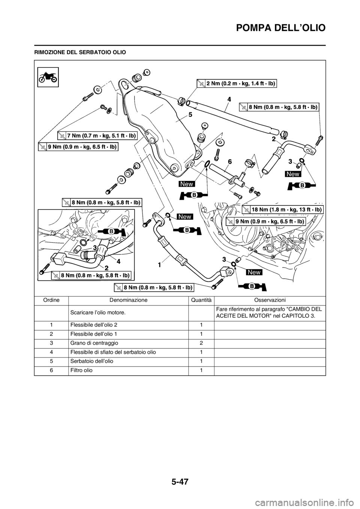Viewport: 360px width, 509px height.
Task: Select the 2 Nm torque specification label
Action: [237, 84]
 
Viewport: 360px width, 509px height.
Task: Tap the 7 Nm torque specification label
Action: [97, 135]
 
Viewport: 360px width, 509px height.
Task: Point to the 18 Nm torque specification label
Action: [282, 209]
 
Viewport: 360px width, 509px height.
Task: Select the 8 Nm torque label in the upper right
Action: [279, 107]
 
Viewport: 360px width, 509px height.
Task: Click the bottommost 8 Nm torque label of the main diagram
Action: [154, 287]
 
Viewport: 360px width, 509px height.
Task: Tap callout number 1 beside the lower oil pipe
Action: [159, 265]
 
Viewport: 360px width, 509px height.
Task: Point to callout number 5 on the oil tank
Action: [190, 115]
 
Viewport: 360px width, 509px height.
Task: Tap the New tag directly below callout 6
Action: [186, 184]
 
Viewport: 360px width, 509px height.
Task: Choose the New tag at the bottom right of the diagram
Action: [254, 272]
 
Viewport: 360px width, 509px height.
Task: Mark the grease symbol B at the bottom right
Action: [252, 286]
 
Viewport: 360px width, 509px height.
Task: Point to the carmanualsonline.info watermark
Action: [312, 500]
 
